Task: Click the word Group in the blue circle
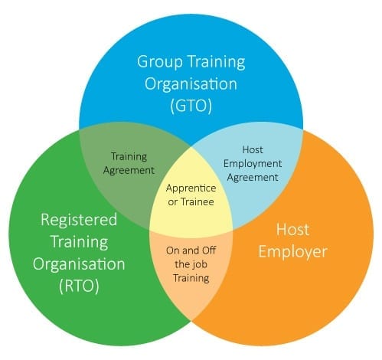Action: pos(160,62)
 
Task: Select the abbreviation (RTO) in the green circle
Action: pos(79,286)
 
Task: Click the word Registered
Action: pos(79,220)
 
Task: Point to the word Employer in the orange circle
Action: pos(292,251)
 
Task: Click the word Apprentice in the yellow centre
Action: pos(191,188)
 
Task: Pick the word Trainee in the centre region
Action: pos(198,202)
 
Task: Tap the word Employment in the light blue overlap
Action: pos(253,164)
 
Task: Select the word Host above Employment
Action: pos(253,149)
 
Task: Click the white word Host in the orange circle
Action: pos(293,229)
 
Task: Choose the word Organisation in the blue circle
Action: pos(191,83)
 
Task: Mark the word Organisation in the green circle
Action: pos(79,263)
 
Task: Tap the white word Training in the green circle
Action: pos(80,242)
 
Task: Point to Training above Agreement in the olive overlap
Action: pos(129,156)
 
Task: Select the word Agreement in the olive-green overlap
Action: pos(129,171)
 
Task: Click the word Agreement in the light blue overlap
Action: pos(253,178)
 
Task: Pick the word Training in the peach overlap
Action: pos(191,278)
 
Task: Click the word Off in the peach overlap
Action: pos(209,250)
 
